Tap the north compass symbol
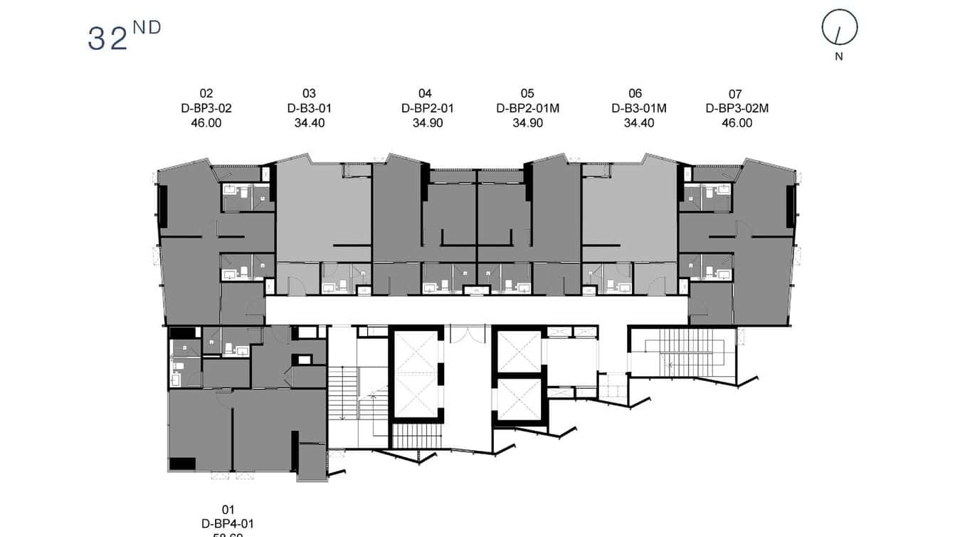tap(840, 28)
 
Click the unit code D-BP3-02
tap(206, 108)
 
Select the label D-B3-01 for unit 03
tap(310, 108)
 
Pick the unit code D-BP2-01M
tap(527, 108)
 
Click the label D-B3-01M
tap(638, 108)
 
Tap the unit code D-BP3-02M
tap(737, 108)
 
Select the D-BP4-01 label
tap(228, 523)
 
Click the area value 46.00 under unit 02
tap(206, 122)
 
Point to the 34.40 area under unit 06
tap(638, 122)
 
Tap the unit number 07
tap(735, 93)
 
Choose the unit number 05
tap(527, 93)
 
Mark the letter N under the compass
tap(839, 57)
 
